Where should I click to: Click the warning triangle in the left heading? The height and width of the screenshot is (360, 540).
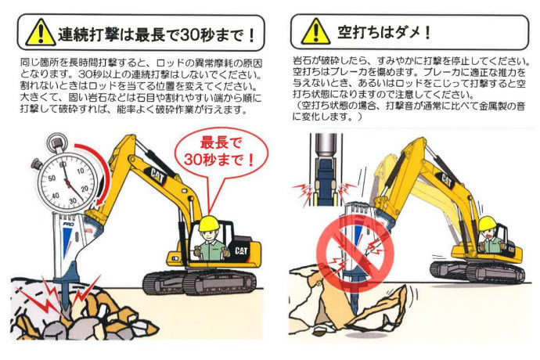click(41, 32)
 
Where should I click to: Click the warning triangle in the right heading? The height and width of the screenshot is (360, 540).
click(316, 31)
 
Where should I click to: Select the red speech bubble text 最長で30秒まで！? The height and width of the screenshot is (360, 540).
click(220, 152)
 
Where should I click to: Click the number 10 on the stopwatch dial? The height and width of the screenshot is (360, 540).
click(81, 171)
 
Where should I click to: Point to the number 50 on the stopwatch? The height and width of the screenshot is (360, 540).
click(52, 178)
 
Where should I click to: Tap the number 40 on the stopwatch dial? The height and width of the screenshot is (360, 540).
click(55, 196)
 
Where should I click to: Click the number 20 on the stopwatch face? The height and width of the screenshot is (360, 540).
click(85, 189)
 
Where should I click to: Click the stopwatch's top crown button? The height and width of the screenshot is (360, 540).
click(56, 141)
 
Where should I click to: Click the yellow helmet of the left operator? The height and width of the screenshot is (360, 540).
click(209, 223)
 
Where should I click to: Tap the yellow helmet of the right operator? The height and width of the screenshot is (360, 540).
click(488, 224)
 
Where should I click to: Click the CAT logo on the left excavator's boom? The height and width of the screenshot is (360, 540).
click(157, 175)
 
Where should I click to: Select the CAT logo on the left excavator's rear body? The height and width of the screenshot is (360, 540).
click(241, 250)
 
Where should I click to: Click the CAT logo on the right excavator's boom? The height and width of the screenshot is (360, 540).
click(447, 180)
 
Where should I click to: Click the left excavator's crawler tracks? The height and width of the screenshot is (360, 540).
click(200, 281)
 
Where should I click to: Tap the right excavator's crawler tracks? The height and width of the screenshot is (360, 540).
click(477, 272)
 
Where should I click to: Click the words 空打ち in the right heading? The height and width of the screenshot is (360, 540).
click(362, 32)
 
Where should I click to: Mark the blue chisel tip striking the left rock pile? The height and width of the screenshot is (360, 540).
click(66, 297)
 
